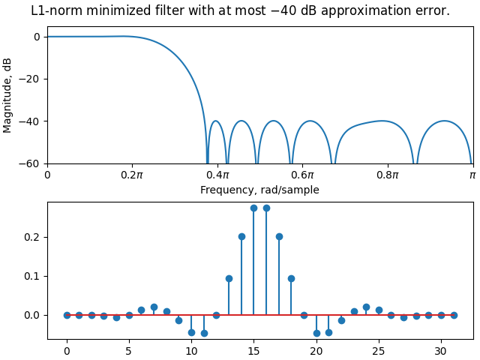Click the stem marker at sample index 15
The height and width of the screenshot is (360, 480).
tap(253, 208)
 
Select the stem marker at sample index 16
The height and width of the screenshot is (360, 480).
tap(266, 208)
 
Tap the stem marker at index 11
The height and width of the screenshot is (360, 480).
tap(204, 333)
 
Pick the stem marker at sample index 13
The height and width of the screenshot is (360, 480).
tap(229, 278)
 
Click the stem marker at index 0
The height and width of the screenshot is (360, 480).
tap(67, 315)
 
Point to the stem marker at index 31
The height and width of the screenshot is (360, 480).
tap(454, 315)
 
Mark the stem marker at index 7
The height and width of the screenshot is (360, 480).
tap(154, 307)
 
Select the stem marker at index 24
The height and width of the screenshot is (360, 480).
tap(366, 307)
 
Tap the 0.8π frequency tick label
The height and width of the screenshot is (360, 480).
tap(388, 175)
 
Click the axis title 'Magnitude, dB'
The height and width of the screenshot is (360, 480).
tap(8, 95)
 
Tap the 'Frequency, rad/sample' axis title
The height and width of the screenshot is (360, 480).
tap(259, 190)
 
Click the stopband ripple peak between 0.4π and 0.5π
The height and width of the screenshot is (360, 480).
tap(241, 121)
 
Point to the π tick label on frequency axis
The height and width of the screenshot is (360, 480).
tap(472, 175)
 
